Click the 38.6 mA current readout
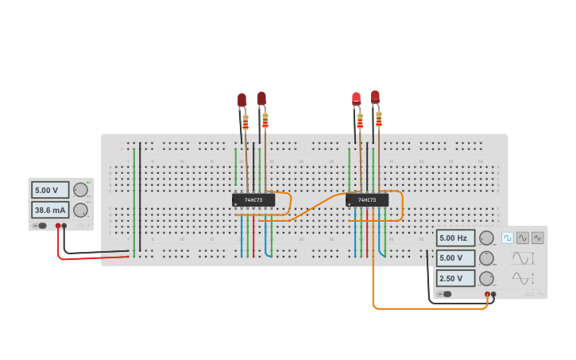tap(49, 210)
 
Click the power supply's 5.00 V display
tap(49, 190)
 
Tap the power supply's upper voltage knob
tap(80, 190)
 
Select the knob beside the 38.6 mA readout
tap(80, 210)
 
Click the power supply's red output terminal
tap(58, 226)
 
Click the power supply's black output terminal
tap(64, 226)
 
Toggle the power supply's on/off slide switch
tap(41, 226)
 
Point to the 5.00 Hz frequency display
tap(455, 238)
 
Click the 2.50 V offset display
tap(455, 278)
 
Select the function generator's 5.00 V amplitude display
tap(455, 257)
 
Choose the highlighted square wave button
tap(508, 238)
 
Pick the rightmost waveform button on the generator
tap(538, 238)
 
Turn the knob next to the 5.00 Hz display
tap(485, 238)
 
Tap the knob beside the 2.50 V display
tap(485, 278)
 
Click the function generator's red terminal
tap(487, 294)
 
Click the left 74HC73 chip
tap(253, 199)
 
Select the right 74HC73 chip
tap(367, 199)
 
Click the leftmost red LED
tap(242, 100)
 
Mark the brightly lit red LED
tap(356, 99)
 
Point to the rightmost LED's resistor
tap(379, 119)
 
